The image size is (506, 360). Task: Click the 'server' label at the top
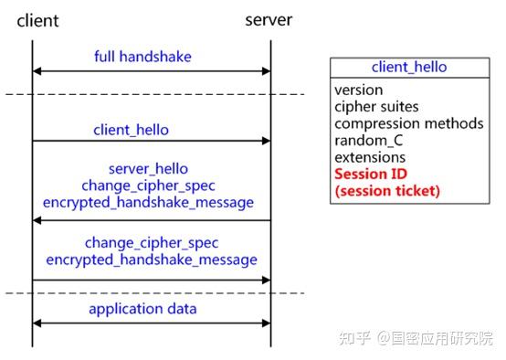pyautogui.click(x=269, y=19)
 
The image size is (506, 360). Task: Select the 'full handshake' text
pyautogui.click(x=142, y=57)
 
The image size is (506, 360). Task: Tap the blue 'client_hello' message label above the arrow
pyautogui.click(x=131, y=130)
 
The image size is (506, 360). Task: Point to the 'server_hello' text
pyautogui.click(x=148, y=169)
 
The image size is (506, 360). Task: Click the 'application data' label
pyautogui.click(x=142, y=309)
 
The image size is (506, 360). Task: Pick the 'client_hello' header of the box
pyautogui.click(x=409, y=67)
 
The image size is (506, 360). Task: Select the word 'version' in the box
pyautogui.click(x=358, y=90)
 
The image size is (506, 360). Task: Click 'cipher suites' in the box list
pyautogui.click(x=376, y=107)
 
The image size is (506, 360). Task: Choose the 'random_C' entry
pyautogui.click(x=368, y=140)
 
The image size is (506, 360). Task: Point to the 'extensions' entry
pyautogui.click(x=370, y=157)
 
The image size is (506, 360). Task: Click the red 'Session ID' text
pyautogui.click(x=371, y=174)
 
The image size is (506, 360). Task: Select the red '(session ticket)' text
pyautogui.click(x=387, y=191)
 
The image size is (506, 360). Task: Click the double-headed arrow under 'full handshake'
pyautogui.click(x=152, y=70)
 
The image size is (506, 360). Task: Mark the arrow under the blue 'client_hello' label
pyautogui.click(x=152, y=141)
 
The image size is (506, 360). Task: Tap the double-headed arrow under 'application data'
pyautogui.click(x=152, y=322)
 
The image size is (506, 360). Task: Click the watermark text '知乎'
pyautogui.click(x=353, y=339)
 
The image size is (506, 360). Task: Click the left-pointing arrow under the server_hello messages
pyautogui.click(x=152, y=220)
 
